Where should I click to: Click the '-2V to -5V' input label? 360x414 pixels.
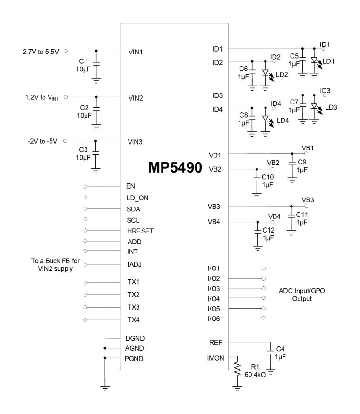pyautogui.click(x=42, y=140)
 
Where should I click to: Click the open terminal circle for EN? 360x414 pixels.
pyautogui.click(x=85, y=187)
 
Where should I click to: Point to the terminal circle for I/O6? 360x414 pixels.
pyautogui.click(x=263, y=318)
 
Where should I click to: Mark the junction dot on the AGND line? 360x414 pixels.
pyautogui.click(x=105, y=348)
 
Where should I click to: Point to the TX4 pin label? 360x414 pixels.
pyautogui.click(x=135, y=320)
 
